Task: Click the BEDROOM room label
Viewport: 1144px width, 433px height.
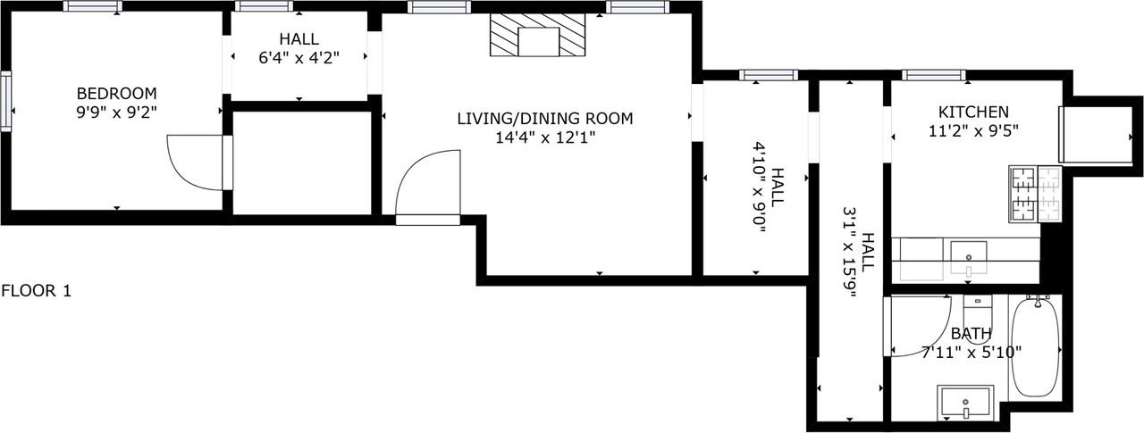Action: tap(116, 93)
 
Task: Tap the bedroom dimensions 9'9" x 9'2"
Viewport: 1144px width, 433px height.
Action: tap(116, 112)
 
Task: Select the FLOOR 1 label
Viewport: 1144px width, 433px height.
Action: tap(36, 290)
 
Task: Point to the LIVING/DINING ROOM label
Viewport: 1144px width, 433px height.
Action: tap(544, 118)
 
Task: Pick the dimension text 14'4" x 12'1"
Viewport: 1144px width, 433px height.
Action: tap(544, 137)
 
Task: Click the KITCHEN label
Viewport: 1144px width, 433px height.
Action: tap(973, 112)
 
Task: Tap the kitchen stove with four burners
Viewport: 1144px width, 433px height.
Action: tap(1034, 194)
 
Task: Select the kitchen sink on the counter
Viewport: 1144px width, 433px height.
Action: tap(968, 256)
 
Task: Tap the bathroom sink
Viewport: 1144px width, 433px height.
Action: tap(965, 403)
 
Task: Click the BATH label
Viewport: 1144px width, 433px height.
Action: tap(971, 334)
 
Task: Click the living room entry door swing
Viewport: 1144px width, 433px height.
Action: tap(427, 182)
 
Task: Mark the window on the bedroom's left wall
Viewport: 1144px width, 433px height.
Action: tap(5, 102)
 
